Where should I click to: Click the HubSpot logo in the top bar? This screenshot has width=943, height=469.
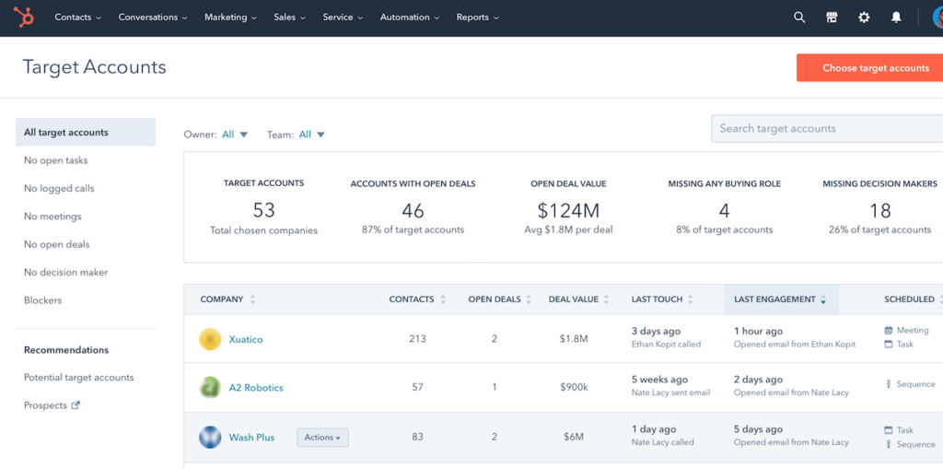coord(23,17)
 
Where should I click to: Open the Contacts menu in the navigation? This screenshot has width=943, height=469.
coord(77,18)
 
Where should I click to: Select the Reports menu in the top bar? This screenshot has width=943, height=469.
coord(477,18)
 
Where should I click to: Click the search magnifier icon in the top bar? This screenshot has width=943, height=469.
coord(799,18)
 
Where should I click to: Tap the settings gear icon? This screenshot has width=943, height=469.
coord(864,18)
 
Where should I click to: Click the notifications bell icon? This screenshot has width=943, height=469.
coord(896,18)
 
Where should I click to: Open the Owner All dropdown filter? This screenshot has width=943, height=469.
coord(235,135)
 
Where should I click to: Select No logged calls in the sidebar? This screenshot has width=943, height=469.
coord(59,188)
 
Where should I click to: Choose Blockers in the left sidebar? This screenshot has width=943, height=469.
coord(43,300)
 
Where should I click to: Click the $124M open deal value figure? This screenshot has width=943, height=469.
coord(568,210)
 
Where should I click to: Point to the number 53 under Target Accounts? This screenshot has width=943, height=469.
coord(263,210)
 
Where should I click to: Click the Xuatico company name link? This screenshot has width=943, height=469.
coord(246,340)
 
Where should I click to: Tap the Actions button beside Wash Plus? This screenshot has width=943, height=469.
coord(322,438)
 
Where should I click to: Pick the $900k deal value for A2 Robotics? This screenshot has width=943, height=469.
coord(573,388)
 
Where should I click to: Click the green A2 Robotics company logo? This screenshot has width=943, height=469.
coord(210,388)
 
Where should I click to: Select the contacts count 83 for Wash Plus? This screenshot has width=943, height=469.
coord(417,437)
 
